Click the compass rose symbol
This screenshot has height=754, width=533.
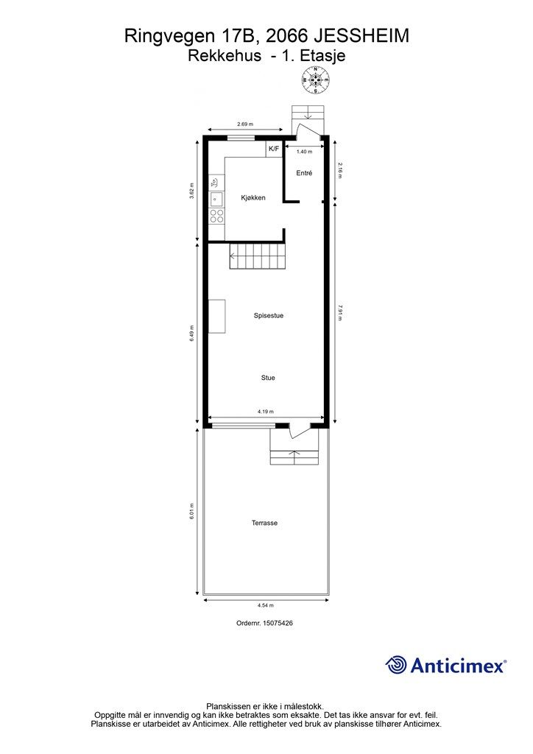316,80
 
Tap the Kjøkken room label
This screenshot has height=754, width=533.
253,197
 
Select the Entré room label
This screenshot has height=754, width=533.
304,173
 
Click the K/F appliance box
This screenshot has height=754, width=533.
273,149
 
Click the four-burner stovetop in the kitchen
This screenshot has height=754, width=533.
216,216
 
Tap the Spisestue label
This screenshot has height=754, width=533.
269,316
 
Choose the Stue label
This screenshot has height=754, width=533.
268,378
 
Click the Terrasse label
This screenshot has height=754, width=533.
264,523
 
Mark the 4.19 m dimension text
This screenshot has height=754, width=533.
265,412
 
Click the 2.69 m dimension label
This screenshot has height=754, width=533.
245,124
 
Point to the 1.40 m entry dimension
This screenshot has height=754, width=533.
304,152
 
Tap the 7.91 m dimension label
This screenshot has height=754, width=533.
340,312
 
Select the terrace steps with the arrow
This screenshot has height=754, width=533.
294,457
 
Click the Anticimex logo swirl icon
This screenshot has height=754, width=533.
396,665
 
